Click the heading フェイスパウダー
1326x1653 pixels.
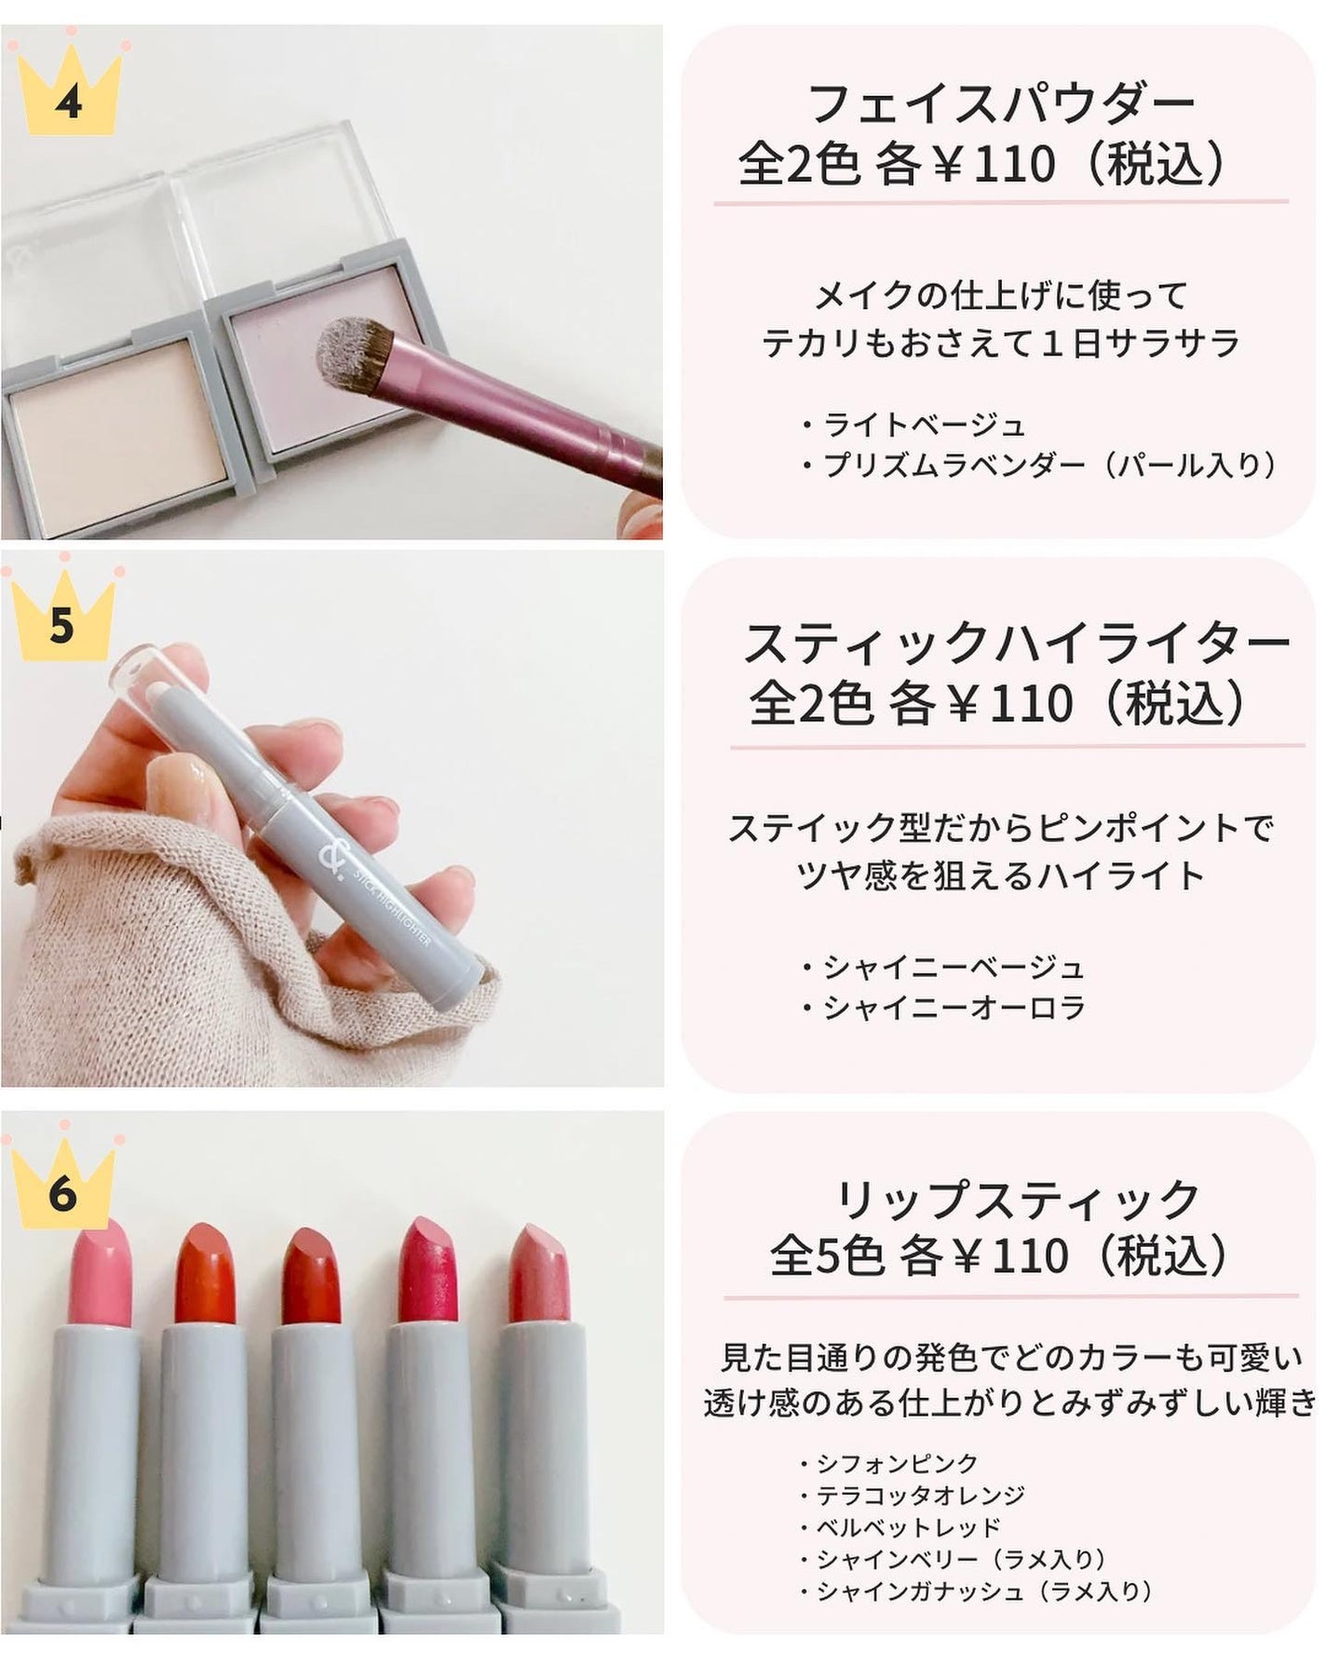tap(1001, 104)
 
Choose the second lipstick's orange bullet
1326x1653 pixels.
tap(207, 1275)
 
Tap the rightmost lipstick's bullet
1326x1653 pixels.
tap(538, 1275)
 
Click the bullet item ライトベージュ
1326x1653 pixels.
tap(922, 425)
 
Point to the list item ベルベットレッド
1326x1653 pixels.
tap(908, 1527)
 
